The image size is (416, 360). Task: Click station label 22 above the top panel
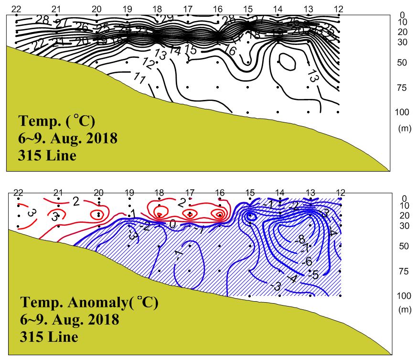click(x=16, y=9)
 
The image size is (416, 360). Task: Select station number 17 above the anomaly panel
click(x=190, y=193)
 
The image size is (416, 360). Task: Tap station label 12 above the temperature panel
click(x=339, y=9)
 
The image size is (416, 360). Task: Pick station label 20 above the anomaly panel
click(x=98, y=193)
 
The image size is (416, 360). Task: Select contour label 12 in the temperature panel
click(x=149, y=63)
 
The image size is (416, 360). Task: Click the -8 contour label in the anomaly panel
click(x=299, y=239)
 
